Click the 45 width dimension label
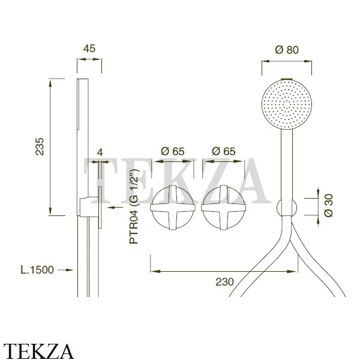89,49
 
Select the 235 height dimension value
40,147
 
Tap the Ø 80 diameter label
287,50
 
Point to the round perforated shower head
287,104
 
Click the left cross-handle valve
173,208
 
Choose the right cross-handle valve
224,208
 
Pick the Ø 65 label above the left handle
173,151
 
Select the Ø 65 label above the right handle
224,151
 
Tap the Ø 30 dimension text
329,205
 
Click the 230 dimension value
224,282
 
